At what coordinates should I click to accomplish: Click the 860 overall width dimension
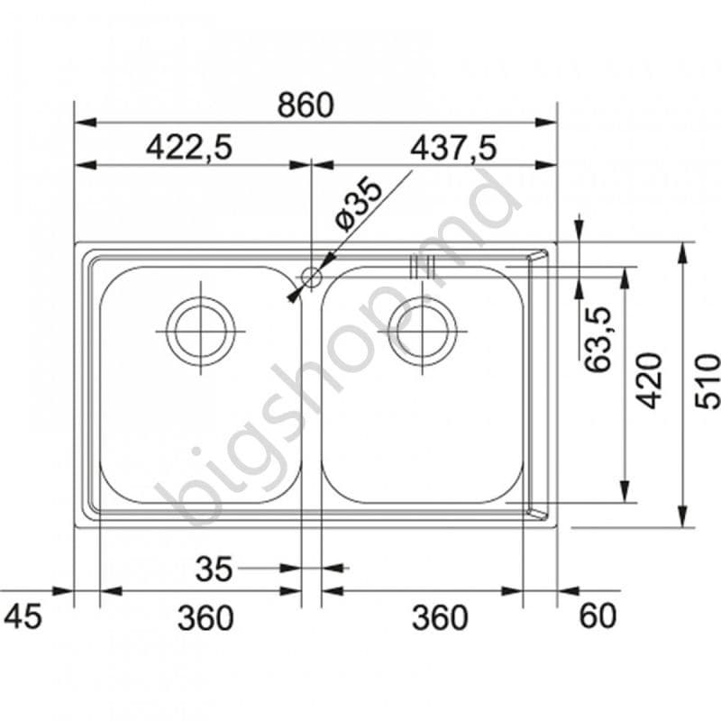(x=305, y=106)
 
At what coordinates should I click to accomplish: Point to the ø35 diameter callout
(x=358, y=205)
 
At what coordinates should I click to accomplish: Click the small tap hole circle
(x=310, y=277)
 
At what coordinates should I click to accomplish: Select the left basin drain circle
(x=200, y=331)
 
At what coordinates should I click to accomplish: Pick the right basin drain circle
(x=422, y=331)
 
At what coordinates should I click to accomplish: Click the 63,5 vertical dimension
(x=597, y=339)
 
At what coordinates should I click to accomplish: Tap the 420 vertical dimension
(x=651, y=380)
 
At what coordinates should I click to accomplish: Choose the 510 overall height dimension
(x=707, y=380)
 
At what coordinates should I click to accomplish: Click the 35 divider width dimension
(x=214, y=569)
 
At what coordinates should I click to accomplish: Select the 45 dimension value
(x=23, y=617)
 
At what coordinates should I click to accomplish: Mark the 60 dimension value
(x=597, y=617)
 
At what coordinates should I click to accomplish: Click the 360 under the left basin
(x=205, y=618)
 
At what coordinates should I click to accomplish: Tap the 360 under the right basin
(x=440, y=618)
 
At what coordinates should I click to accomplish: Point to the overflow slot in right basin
(x=422, y=267)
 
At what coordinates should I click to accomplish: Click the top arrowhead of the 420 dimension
(x=624, y=274)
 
